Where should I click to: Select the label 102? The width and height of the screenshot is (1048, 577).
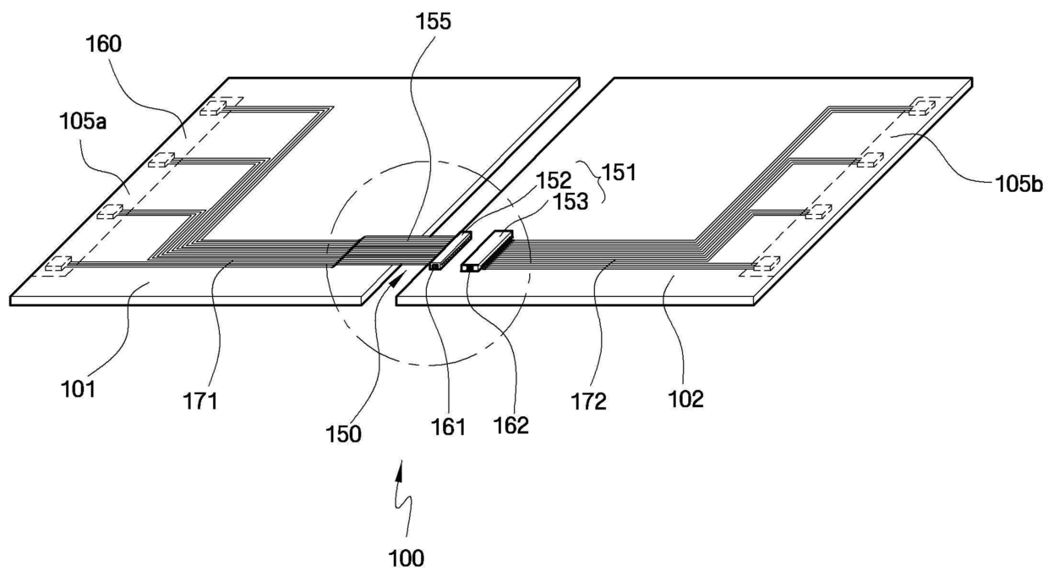click(685, 398)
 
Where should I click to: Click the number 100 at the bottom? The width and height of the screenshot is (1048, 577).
click(407, 558)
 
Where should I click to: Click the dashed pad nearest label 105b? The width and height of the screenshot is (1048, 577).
click(920, 107)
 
